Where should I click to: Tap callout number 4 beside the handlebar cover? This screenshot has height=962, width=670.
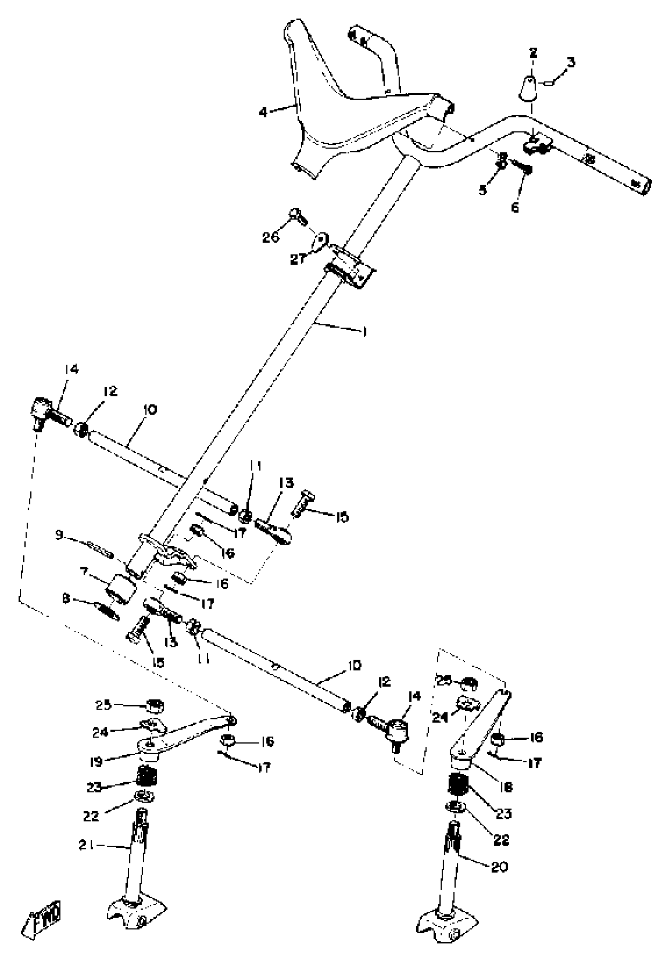click(263, 112)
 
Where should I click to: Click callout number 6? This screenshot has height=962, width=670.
click(515, 207)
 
